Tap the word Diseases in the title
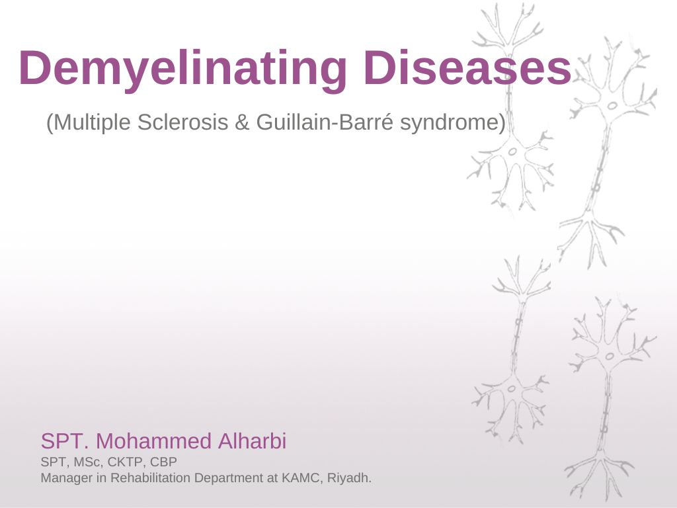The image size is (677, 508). (467, 67)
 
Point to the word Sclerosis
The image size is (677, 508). (182, 122)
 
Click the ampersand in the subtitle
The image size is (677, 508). (242, 122)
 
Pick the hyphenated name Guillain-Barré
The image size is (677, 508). (325, 122)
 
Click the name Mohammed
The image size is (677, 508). (153, 441)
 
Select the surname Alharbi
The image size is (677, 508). (252, 441)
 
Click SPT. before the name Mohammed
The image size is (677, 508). (65, 441)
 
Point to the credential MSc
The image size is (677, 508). (89, 462)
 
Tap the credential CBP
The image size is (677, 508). (163, 462)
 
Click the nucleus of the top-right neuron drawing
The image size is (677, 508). (612, 106)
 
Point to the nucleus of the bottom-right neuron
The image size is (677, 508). (610, 357)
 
